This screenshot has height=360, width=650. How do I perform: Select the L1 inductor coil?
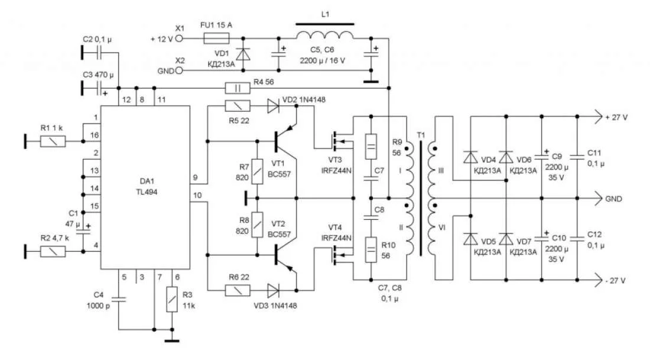324,35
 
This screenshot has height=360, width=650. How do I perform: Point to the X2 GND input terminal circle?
180,70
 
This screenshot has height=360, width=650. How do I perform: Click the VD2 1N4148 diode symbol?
273,106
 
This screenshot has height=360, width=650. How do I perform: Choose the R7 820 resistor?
257,172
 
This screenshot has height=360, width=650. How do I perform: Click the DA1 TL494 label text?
145,187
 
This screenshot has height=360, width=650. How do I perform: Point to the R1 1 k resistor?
53,141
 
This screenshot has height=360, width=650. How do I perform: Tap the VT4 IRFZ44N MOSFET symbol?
337,255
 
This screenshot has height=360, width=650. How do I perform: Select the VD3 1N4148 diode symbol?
273,290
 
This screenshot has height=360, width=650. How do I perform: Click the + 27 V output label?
616,117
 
